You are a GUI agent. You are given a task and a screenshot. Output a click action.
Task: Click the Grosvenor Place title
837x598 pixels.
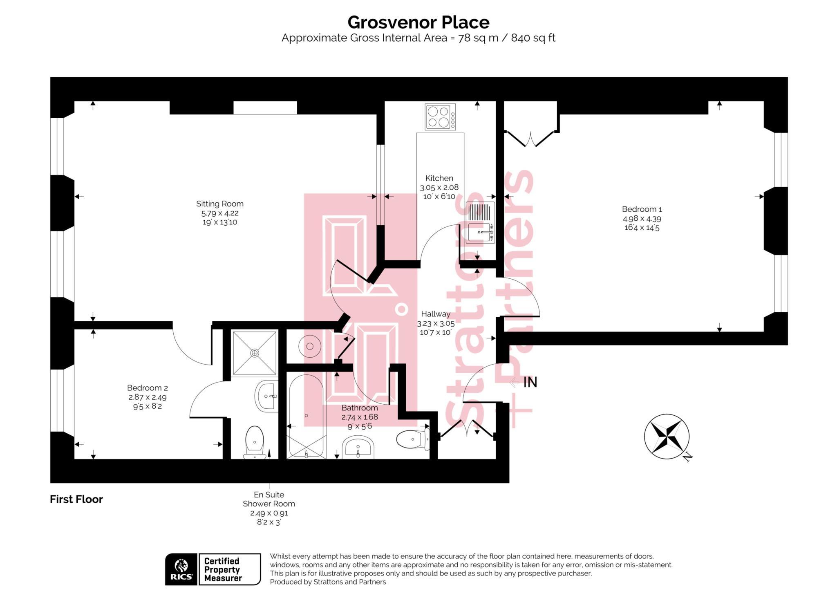click(418, 22)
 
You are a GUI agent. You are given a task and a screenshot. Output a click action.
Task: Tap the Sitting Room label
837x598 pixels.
click(219, 204)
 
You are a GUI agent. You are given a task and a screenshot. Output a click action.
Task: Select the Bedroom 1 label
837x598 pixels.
click(642, 209)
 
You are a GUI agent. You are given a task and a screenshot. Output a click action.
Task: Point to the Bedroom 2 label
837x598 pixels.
click(147, 387)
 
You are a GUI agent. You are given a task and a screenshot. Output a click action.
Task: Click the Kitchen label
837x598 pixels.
click(439, 178)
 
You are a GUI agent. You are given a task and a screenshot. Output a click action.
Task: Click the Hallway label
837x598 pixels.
click(436, 314)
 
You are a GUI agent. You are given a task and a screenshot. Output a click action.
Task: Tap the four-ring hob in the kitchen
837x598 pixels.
click(440, 117)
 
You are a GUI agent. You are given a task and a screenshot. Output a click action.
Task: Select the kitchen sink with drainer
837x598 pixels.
click(480, 223)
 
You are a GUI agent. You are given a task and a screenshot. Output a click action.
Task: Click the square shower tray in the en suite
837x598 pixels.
click(254, 353)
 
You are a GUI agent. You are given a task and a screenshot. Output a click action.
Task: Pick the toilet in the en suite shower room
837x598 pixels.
click(254, 442)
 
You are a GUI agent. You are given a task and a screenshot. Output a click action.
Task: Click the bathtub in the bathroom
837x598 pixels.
click(306, 415)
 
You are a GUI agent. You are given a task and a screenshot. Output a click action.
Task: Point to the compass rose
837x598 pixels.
click(666, 436)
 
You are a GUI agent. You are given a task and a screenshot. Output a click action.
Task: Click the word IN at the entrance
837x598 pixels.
click(530, 383)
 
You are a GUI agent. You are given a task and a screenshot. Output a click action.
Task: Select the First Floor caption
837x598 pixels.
click(76, 499)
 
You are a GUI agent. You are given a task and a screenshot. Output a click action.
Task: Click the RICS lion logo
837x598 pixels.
click(181, 569)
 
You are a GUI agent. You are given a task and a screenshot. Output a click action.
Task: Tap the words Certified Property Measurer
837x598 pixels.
click(223, 569)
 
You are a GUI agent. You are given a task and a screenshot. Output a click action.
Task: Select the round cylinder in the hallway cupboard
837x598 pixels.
click(309, 346)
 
